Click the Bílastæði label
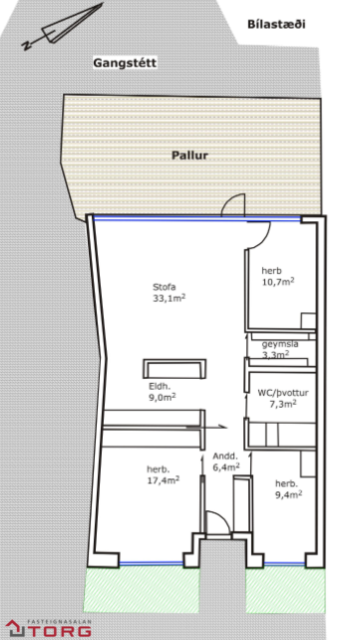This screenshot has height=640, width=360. pyautogui.click(x=276, y=24)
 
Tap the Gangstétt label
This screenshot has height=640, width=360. pyautogui.click(x=125, y=63)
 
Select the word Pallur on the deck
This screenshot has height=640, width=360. pyautogui.click(x=189, y=156)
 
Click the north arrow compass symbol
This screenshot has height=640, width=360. pyautogui.click(x=62, y=27)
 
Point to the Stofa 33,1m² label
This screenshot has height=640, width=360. pyautogui.click(x=170, y=292)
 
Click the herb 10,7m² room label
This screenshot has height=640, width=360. pyautogui.click(x=278, y=276)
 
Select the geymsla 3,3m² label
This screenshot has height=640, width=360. pyautogui.click(x=280, y=349)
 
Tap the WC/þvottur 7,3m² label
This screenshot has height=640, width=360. pyautogui.click(x=283, y=399)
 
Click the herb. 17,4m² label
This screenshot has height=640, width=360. pyautogui.click(x=164, y=475)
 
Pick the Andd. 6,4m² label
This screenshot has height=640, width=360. pyautogui.click(x=225, y=462)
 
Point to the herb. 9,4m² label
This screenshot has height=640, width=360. pyautogui.click(x=288, y=489)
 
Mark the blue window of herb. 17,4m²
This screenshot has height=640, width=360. pyautogui.click(x=151, y=563)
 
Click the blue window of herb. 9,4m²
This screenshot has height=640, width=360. pyautogui.click(x=284, y=563)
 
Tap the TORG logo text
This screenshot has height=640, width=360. pyautogui.click(x=59, y=631)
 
